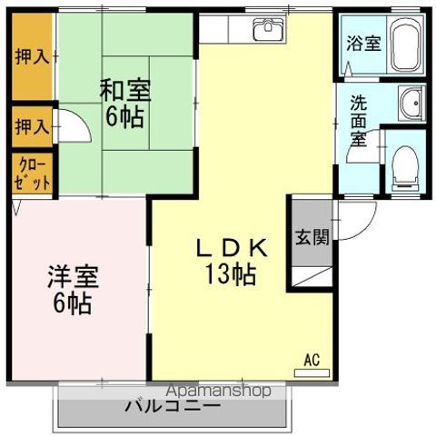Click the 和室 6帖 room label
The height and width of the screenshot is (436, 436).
point(125,104)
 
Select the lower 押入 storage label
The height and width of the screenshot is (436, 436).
point(30,127)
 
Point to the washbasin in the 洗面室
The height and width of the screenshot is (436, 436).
point(411,105)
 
